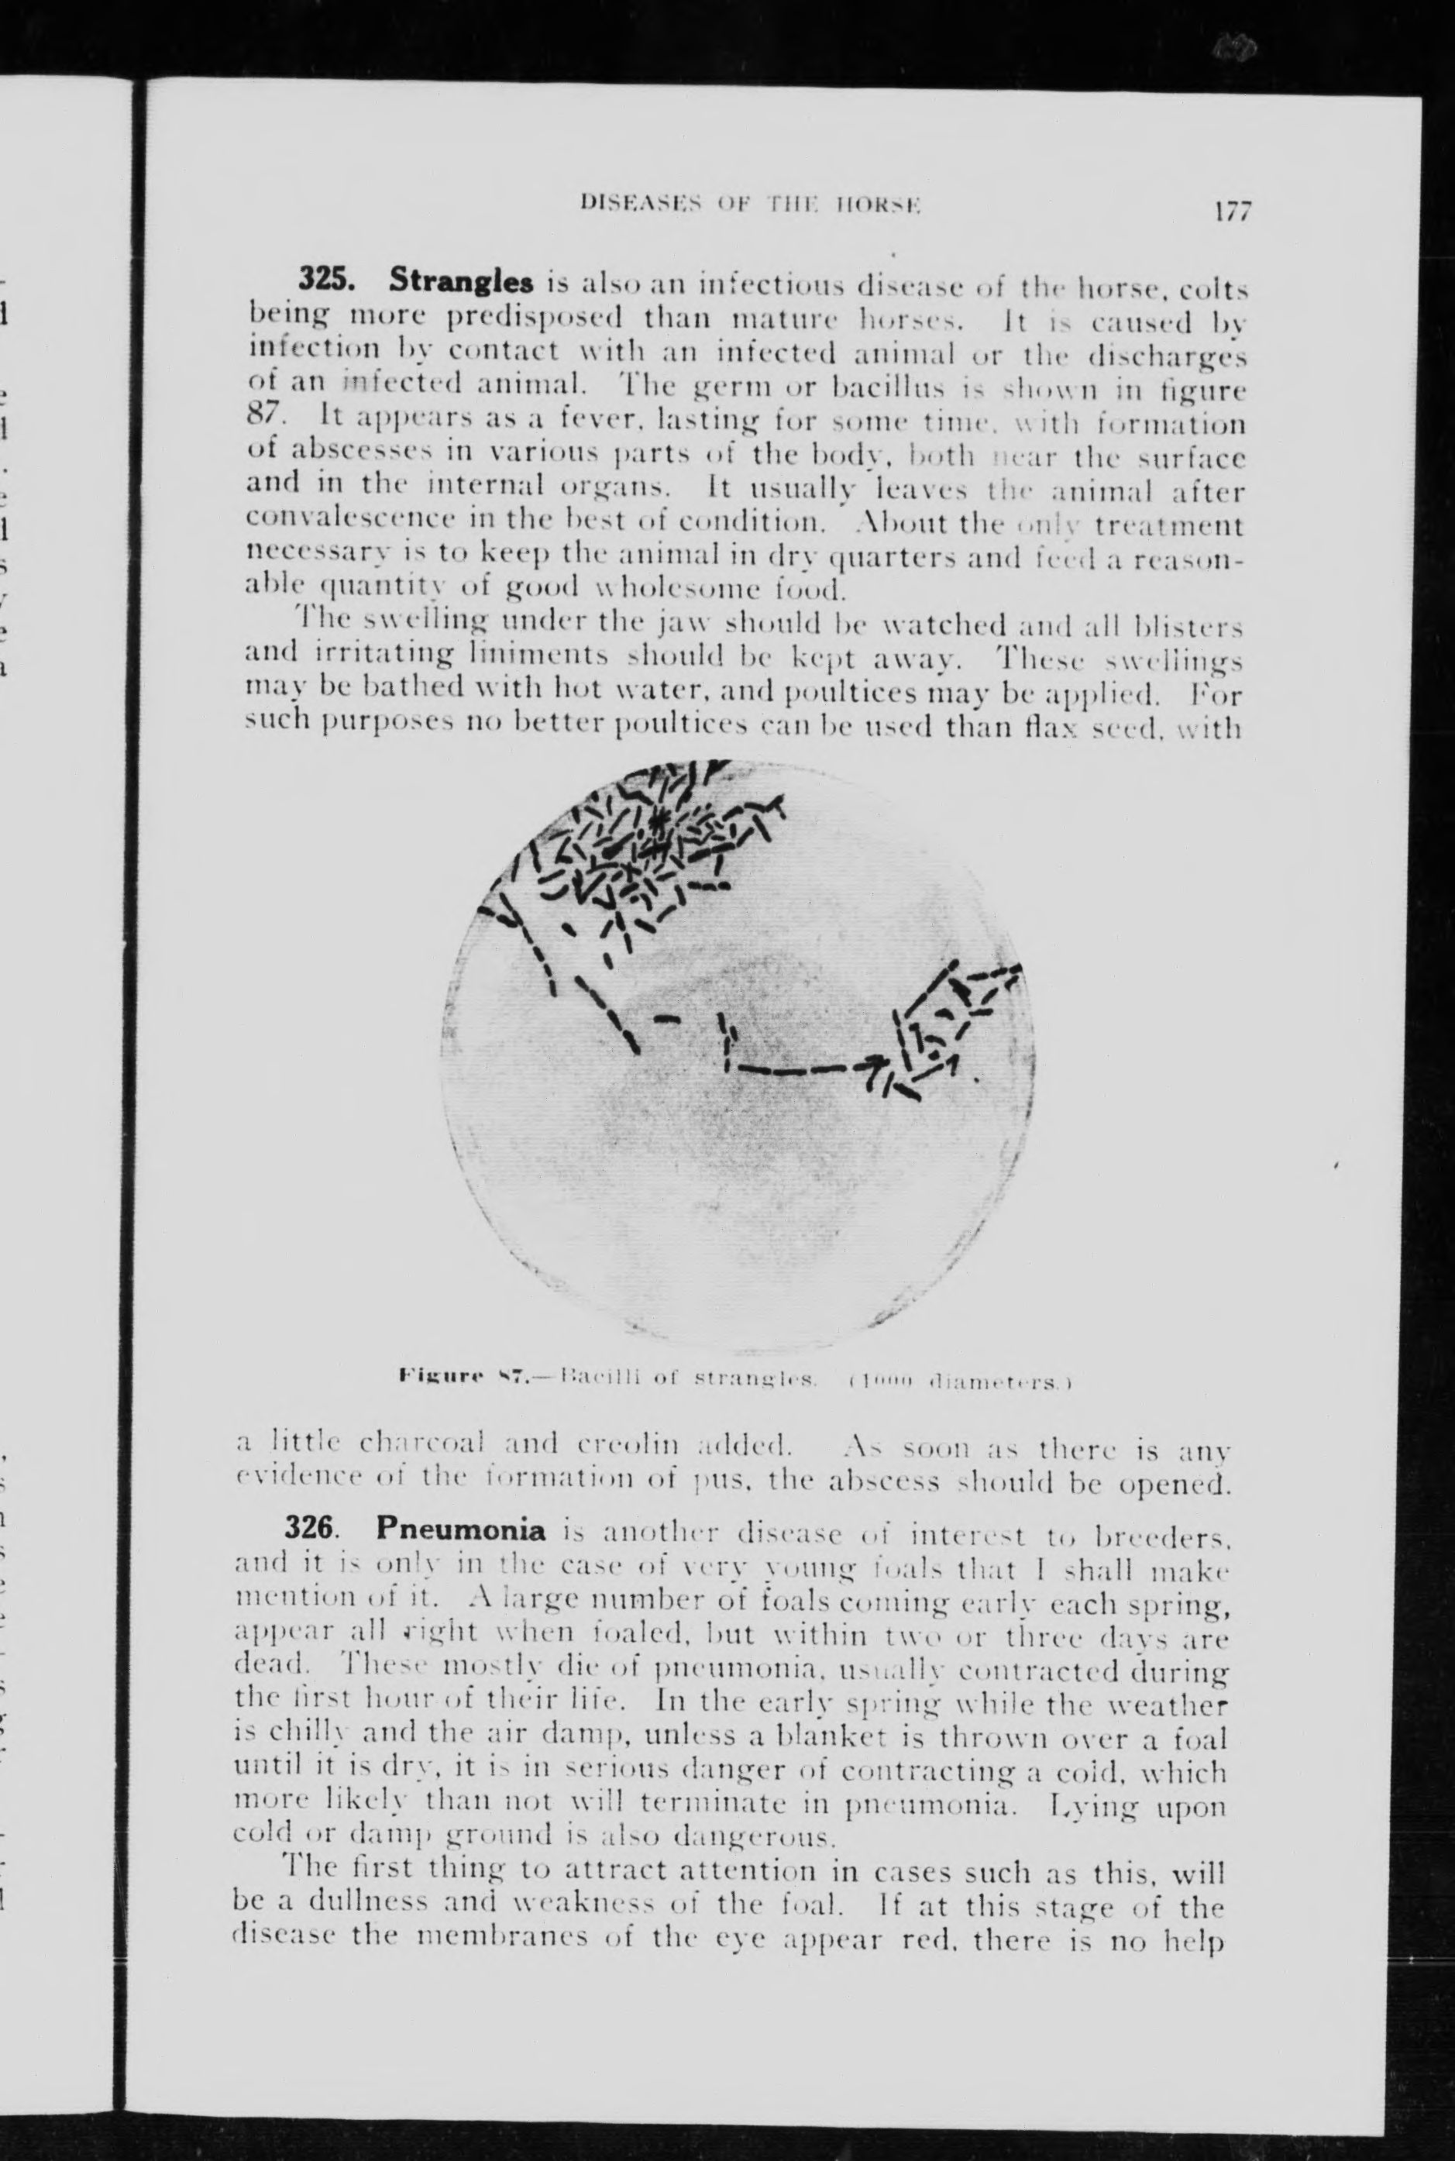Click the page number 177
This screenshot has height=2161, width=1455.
[1230, 212]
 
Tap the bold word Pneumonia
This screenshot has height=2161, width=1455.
[459, 1547]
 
